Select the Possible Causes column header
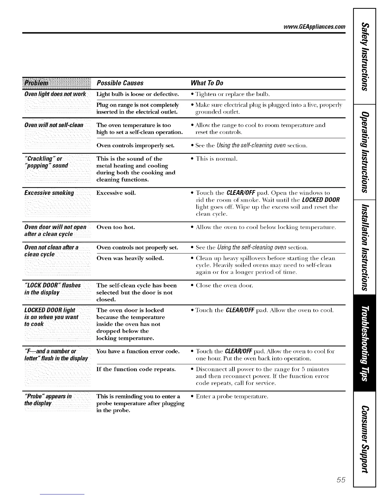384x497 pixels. click(120, 83)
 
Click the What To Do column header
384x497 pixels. click(207, 83)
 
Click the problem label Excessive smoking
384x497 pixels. click(49, 193)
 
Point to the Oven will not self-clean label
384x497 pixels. click(54, 125)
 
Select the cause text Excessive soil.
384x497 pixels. click(116, 193)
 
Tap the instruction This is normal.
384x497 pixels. click(216, 159)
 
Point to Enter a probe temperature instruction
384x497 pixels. click(232, 397)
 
